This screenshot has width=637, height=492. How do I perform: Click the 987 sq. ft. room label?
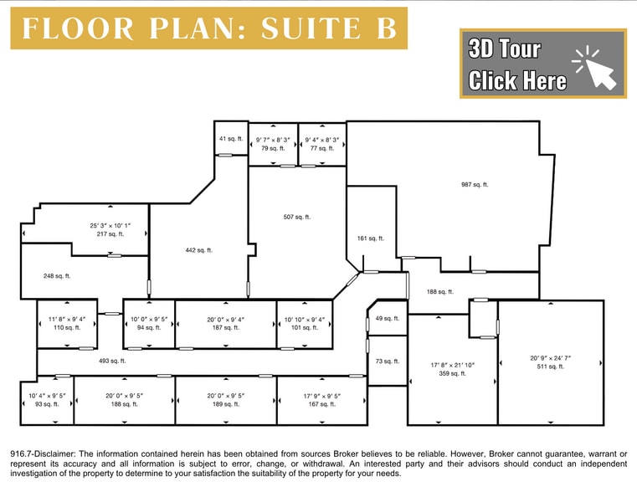474,185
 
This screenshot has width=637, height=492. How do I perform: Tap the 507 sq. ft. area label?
296,218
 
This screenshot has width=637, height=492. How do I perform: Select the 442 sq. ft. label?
198,250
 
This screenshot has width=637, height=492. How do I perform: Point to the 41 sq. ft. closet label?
229,139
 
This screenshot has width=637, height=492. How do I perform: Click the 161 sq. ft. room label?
370,238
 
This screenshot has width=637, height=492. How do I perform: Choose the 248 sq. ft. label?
57,276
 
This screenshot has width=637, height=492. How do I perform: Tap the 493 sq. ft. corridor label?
112,361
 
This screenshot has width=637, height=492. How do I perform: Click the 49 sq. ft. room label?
387,319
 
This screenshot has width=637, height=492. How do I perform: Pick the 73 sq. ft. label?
387,362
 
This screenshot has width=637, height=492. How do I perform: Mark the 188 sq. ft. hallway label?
439,292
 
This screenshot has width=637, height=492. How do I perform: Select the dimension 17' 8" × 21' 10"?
452,365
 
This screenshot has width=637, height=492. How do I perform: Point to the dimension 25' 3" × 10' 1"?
110,226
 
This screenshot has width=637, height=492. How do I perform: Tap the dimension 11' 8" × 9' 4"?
66,319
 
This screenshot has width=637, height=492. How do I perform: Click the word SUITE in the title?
308,28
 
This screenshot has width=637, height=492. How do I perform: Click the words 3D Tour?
505,49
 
